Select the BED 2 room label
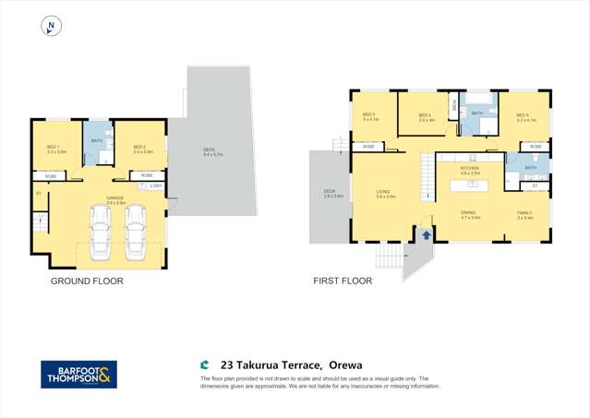139,147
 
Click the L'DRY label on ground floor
156,185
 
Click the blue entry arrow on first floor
427,235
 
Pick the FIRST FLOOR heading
344,281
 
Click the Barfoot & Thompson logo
78,374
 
